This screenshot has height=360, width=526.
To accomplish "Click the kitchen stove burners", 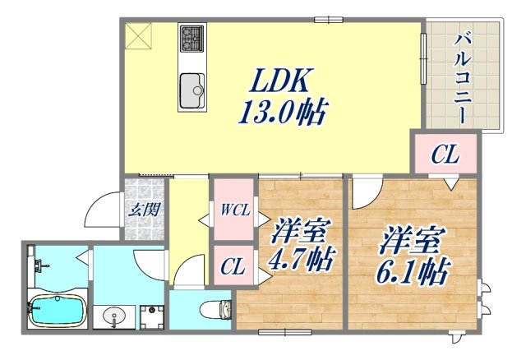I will [193, 37].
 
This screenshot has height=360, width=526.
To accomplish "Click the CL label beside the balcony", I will [445, 154].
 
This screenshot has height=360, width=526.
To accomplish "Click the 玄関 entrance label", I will [143, 209].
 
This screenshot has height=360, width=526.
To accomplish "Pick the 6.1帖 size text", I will [415, 271].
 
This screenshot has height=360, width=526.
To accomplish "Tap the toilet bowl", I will [212, 311].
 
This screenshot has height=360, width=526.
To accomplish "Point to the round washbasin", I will [115, 316].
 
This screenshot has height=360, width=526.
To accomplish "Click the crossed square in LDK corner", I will [138, 35].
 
